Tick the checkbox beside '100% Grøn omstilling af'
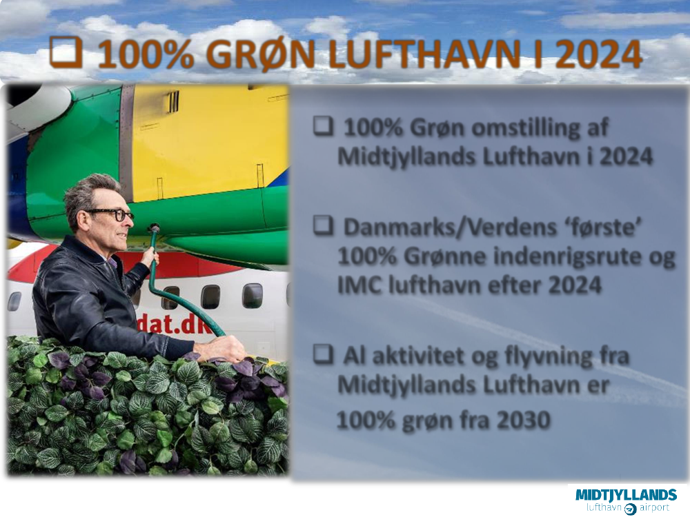pos(324,125)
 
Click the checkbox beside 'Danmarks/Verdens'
pos(324,225)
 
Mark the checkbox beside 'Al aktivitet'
pos(324,354)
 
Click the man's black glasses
pos(110,214)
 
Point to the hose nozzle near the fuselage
pos(154,230)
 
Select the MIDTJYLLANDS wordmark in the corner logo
pos(626,494)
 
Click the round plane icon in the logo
pos(630,509)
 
